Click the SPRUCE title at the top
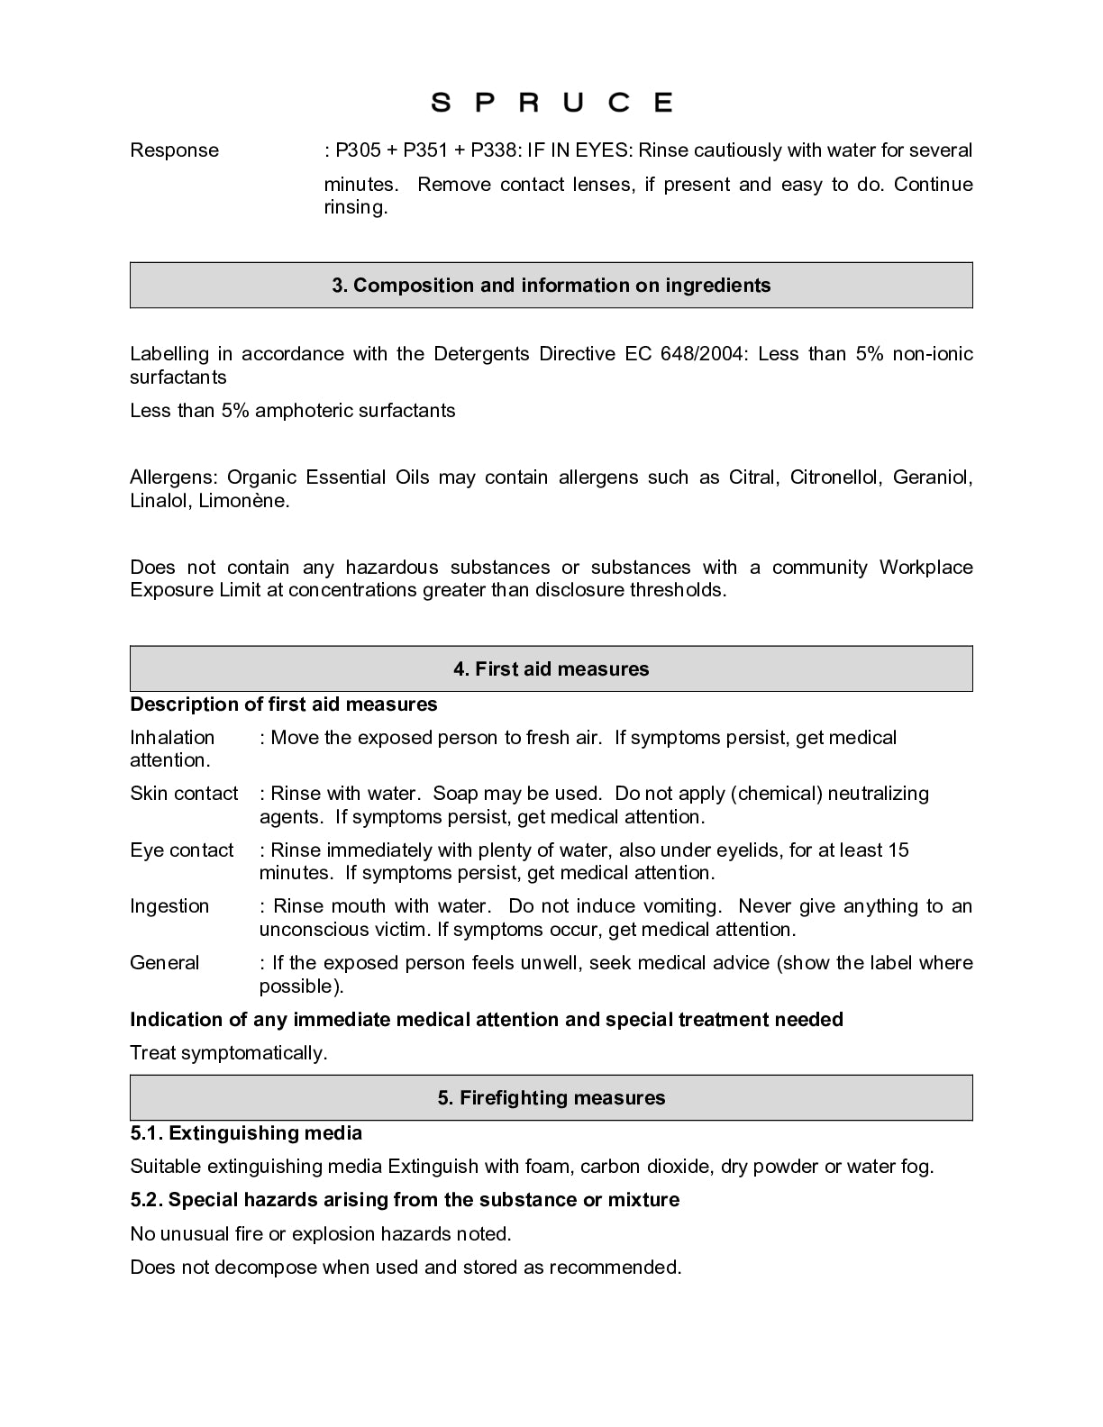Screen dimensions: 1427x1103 click(551, 102)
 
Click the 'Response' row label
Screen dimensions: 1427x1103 click(174, 150)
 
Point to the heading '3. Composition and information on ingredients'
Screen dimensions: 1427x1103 click(551, 286)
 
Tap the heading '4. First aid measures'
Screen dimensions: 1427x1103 click(551, 669)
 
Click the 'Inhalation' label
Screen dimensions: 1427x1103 click(172, 738)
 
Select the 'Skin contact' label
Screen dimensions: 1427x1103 click(184, 794)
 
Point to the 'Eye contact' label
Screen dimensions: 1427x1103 click(181, 850)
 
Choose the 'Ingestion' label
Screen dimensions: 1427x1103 click(169, 906)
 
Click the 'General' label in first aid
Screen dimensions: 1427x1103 click(164, 963)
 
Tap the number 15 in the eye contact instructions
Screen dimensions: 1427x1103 click(898, 850)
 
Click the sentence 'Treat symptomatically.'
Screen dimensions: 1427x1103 click(229, 1053)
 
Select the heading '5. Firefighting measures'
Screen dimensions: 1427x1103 click(551, 1098)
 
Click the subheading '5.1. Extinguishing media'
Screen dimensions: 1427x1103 click(246, 1133)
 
